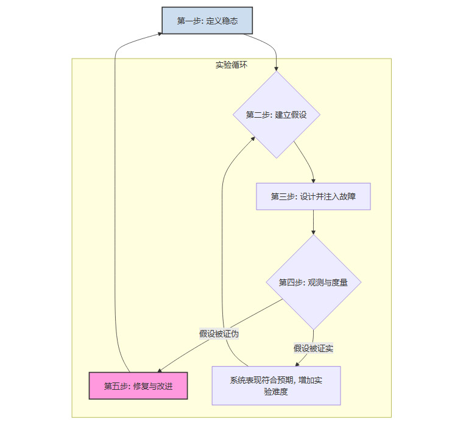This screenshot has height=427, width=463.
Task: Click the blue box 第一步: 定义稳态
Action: (x=207, y=21)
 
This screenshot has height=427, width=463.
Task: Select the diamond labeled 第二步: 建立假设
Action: (x=276, y=115)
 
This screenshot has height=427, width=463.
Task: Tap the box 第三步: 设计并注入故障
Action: (x=313, y=196)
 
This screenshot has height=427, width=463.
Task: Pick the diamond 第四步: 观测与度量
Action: (x=313, y=282)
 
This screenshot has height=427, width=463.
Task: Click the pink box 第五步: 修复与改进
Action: (x=138, y=386)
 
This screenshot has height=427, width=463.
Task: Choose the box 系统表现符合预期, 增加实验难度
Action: (x=276, y=386)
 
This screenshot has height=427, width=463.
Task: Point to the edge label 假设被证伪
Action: (x=219, y=334)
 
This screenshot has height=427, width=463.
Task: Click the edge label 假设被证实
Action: (x=313, y=348)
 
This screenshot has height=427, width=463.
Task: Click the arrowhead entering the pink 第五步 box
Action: (x=160, y=370)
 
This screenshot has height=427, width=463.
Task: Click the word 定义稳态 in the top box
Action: (x=221, y=21)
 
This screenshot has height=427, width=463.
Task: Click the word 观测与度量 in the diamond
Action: (x=328, y=282)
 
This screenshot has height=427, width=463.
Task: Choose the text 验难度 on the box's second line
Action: (x=276, y=392)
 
